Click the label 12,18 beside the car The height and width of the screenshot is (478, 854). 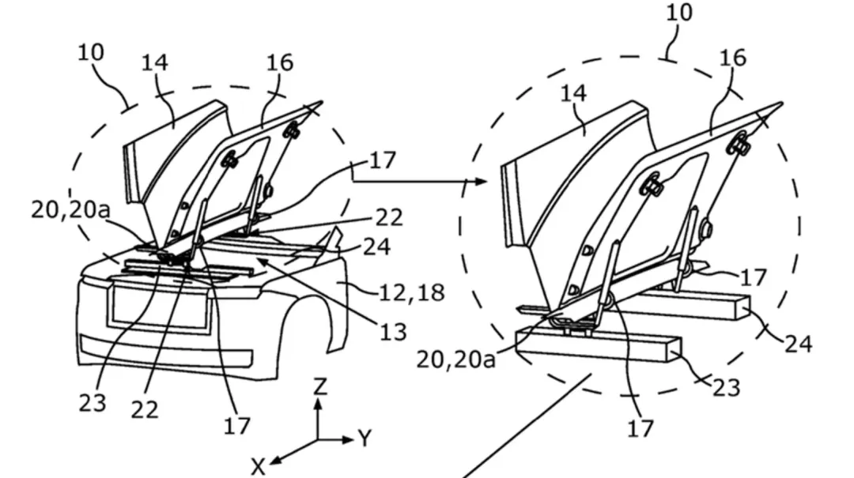pos(412,292)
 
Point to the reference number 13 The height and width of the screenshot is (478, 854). pos(393,331)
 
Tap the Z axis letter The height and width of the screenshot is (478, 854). pos(320,386)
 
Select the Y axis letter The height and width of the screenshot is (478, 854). pos(365,437)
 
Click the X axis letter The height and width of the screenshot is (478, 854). pos(258,467)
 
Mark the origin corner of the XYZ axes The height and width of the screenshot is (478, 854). pos(318,440)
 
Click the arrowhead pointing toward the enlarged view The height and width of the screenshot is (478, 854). pos(481,181)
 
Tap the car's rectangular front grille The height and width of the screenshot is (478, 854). pos(161,307)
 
